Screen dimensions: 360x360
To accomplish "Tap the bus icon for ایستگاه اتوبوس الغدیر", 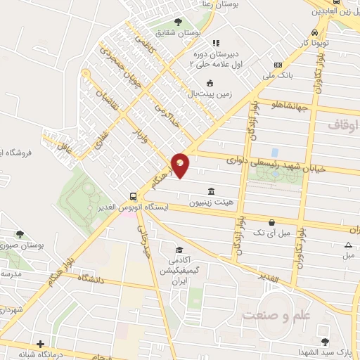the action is [133, 196].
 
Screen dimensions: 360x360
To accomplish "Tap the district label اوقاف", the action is [342, 124].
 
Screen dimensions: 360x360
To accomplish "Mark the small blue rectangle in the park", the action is [274, 152].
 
